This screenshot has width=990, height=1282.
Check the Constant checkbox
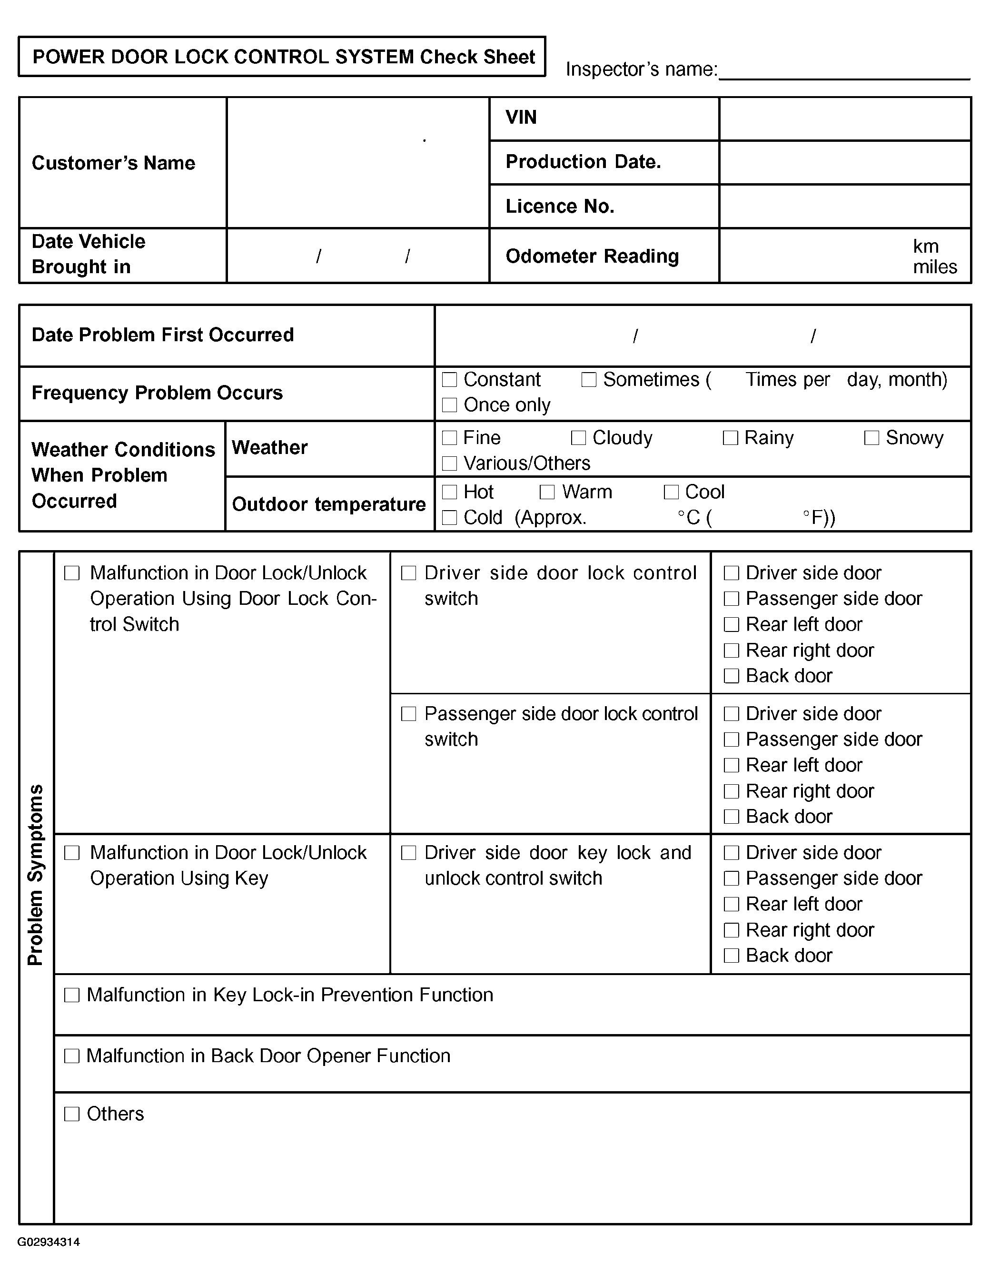(x=449, y=380)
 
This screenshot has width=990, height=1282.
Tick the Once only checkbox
(x=449, y=405)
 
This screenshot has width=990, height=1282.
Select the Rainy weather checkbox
(x=730, y=438)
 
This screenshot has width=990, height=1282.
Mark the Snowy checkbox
(x=871, y=438)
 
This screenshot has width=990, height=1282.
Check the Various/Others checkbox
(x=449, y=463)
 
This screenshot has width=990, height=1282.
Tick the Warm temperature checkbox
(x=547, y=492)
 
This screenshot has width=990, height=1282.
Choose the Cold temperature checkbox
(x=449, y=517)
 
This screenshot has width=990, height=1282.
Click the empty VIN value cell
(x=844, y=118)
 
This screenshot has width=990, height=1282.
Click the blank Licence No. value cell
(x=844, y=207)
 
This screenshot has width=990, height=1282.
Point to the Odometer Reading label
(x=592, y=256)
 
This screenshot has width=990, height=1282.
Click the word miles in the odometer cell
(x=935, y=267)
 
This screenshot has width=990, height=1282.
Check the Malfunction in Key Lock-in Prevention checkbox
(x=72, y=995)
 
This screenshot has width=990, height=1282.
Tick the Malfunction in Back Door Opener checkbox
(x=72, y=1056)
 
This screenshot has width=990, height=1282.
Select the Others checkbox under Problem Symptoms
(x=72, y=1114)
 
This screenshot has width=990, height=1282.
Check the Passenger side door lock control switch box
(x=409, y=714)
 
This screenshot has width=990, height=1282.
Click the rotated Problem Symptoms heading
(x=35, y=875)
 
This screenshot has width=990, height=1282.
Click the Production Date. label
(x=583, y=162)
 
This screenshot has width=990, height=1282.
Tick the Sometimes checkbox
(x=589, y=380)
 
